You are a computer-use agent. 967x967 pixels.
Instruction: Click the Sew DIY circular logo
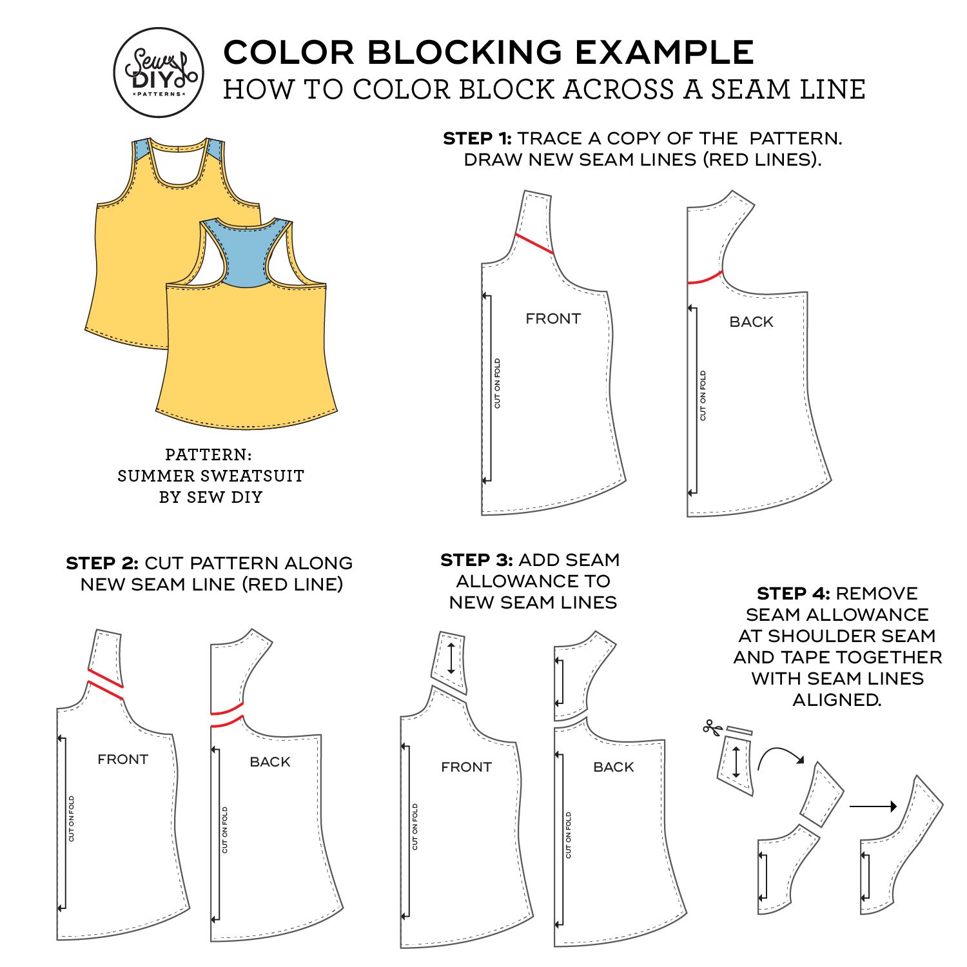(159, 72)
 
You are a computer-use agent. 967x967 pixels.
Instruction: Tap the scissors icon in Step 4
(712, 728)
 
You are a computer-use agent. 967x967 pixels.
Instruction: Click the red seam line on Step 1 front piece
(534, 244)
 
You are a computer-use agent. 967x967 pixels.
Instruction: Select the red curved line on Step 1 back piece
(705, 278)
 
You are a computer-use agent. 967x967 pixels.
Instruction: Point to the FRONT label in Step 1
(553, 318)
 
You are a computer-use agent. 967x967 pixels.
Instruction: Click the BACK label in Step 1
(751, 322)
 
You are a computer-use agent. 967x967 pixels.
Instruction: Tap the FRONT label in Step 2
(122, 759)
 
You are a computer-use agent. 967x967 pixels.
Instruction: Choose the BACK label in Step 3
(613, 767)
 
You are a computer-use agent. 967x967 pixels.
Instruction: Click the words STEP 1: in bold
(477, 139)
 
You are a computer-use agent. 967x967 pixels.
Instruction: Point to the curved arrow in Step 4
(780, 756)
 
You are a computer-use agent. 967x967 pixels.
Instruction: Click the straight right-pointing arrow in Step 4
(873, 806)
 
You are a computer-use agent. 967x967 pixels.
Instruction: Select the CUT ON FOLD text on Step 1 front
(497, 384)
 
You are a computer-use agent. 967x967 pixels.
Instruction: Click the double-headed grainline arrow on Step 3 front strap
(451, 658)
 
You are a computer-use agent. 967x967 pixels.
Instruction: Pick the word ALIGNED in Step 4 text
(836, 700)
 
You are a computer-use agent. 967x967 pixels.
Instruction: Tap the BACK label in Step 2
(269, 762)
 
